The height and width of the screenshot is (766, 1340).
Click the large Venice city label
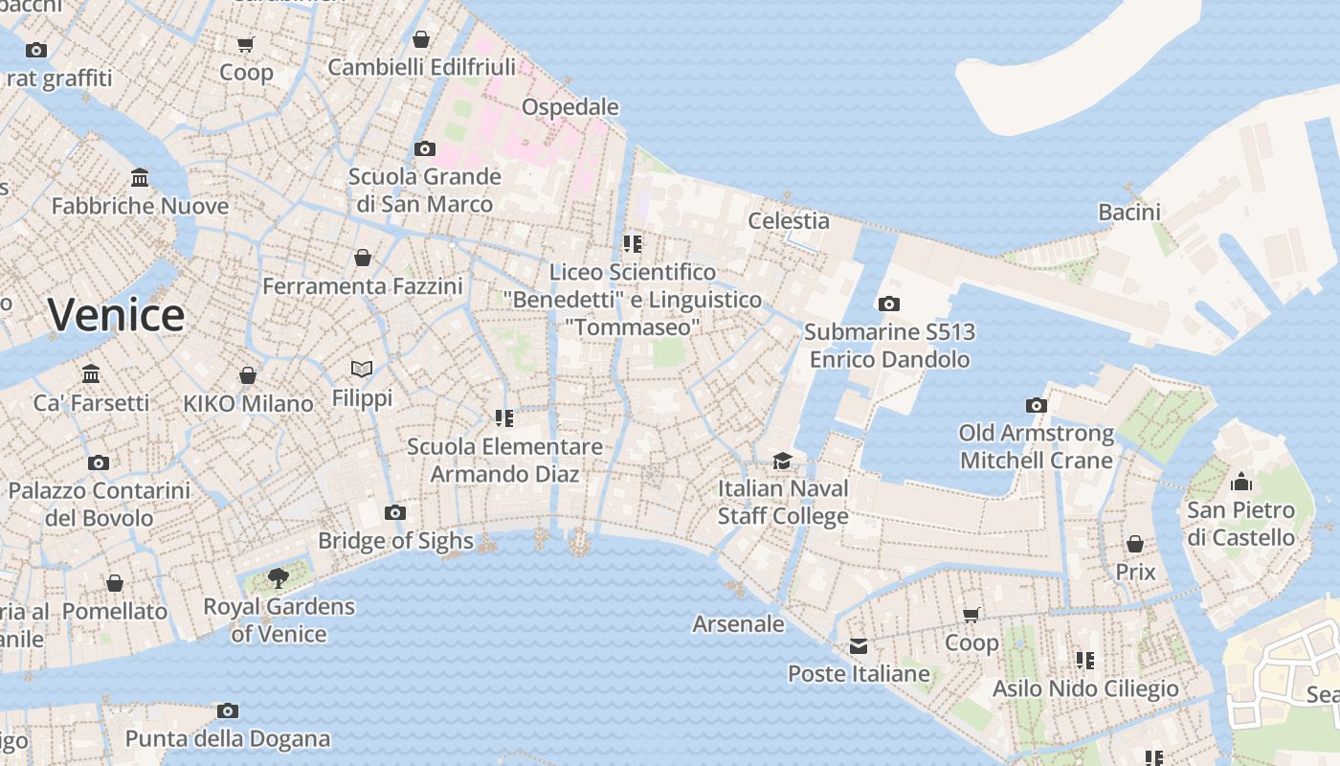point(116,315)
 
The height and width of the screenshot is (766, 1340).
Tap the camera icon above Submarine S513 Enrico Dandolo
point(888,304)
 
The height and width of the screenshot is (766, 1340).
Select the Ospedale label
point(570,106)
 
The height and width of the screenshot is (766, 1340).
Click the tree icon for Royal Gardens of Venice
point(278,577)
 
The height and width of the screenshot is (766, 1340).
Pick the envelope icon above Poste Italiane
point(858,646)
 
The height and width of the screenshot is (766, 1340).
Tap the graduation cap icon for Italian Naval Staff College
point(782,461)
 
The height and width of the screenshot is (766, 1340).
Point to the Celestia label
point(789,220)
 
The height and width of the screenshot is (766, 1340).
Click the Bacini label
point(1129,212)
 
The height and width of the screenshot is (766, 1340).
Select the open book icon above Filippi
point(362,369)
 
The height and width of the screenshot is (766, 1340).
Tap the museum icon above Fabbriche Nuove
point(140,177)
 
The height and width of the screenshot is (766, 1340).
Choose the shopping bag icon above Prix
point(1134,544)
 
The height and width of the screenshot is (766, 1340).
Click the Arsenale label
point(738,623)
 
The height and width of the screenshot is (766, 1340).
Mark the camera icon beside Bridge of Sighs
point(394,512)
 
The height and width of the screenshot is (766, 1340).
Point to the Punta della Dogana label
point(228,738)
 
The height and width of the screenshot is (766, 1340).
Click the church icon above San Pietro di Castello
point(1240,481)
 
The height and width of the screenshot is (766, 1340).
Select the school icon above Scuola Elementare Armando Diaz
point(503,417)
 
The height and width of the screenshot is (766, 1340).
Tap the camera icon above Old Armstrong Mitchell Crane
point(1036,405)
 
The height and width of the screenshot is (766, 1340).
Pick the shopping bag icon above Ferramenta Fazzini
point(362,257)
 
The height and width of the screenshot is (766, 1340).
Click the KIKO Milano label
point(248,403)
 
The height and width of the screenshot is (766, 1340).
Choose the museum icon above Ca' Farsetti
point(91,373)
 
